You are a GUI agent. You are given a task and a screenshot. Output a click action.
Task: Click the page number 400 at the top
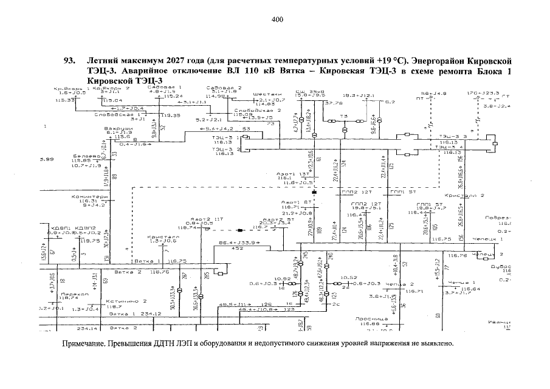277,19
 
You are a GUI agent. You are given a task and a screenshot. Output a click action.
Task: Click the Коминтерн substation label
89,196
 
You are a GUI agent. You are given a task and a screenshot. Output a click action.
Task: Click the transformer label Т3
343,116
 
